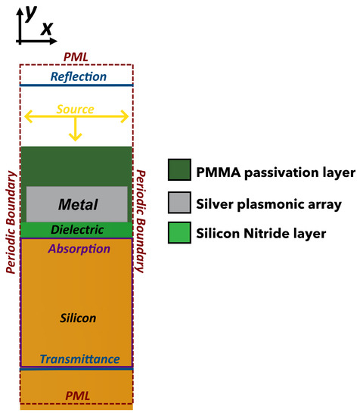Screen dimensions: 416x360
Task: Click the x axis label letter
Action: (47, 28)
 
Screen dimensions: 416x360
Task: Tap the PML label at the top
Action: (76, 57)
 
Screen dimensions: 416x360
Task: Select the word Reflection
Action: (79, 76)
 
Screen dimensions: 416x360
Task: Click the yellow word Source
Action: (75, 110)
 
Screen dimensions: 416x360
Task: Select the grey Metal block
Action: (76, 203)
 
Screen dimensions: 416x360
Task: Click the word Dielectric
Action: (77, 229)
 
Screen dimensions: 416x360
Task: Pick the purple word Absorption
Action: (79, 248)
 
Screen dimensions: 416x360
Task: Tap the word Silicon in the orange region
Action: (79, 318)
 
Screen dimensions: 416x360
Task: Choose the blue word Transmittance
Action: (79, 359)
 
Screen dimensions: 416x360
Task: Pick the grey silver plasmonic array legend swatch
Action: (179, 203)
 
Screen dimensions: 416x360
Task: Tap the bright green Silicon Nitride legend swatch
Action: (179, 234)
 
